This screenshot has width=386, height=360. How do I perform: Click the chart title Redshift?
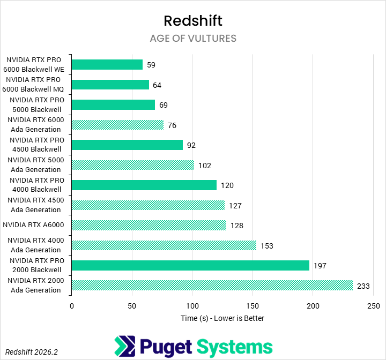coord(192,21)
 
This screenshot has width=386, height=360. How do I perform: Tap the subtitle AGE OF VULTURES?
coord(193,39)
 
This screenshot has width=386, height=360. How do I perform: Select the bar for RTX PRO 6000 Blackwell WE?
coord(107,65)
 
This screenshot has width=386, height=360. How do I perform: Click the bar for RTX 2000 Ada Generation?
coord(212,286)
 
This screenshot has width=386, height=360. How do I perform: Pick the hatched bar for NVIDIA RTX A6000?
coord(149,226)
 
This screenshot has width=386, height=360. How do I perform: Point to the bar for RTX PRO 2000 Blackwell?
coord(190,266)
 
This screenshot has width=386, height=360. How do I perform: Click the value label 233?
coord(363,286)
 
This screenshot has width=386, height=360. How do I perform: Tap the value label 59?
coord(151,65)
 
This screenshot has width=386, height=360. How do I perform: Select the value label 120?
coord(227,185)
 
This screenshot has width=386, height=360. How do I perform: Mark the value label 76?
coord(172,125)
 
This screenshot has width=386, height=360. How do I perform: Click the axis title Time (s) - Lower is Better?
coord(222,318)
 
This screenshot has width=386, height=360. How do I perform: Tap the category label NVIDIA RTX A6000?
coord(35,226)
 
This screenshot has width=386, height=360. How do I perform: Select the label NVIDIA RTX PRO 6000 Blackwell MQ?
coord(35,85)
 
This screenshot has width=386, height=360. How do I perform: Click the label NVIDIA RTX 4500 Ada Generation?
coord(35,205)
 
